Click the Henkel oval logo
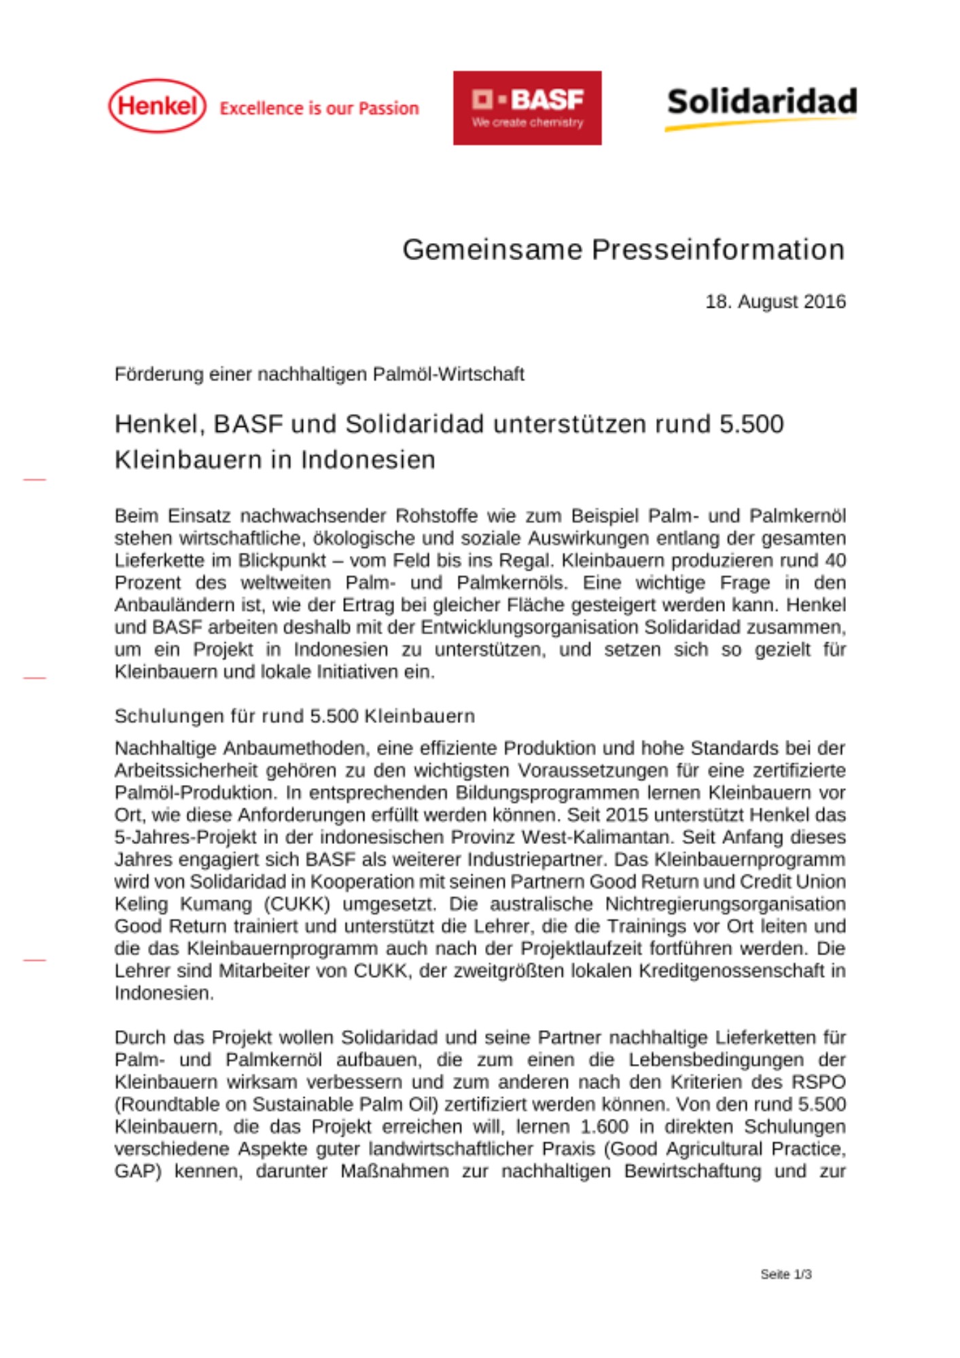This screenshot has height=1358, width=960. tap(157, 106)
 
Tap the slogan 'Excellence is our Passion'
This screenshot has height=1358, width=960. tap(319, 109)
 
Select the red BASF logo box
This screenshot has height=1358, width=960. tap(527, 108)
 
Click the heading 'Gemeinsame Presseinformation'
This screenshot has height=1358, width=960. tap(623, 250)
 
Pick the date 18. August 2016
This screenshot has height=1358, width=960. tap(775, 301)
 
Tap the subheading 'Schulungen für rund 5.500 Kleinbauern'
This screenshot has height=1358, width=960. tap(295, 716)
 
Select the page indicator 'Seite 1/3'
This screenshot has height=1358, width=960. tap(786, 1274)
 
